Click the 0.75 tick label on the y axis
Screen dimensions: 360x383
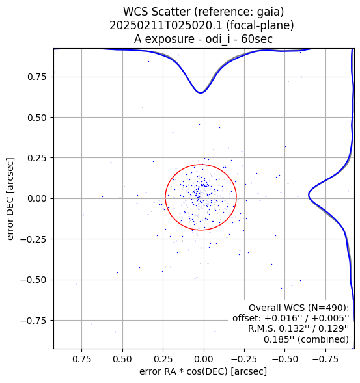pos(36,77)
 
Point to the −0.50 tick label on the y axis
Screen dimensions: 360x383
pos(33,280)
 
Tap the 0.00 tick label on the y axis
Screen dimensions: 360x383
pos(36,198)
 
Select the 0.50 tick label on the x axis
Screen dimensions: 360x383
pos(122,360)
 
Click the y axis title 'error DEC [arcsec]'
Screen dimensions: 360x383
pos(10,199)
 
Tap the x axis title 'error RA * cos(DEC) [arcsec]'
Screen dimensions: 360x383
pos(203,371)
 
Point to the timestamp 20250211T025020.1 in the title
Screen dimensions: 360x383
pos(165,25)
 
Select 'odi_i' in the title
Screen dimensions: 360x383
pos(217,39)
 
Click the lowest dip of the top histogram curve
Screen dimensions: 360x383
pos(201,93)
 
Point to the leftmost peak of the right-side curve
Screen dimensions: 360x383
pos(309,195)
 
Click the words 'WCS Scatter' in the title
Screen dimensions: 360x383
pos(157,12)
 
